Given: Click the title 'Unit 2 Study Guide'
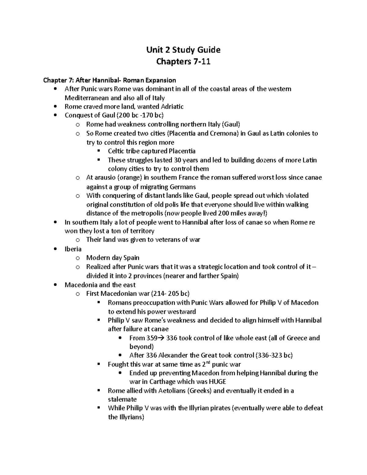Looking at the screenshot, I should point(183,50).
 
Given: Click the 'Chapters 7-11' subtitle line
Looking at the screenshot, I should point(183,62).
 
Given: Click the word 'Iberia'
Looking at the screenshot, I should point(73,249).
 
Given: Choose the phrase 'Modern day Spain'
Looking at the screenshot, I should point(113,258).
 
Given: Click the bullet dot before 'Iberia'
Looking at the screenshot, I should point(55,249).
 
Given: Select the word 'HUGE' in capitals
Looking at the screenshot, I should point(217,382).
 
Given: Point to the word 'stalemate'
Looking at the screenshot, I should point(122,399).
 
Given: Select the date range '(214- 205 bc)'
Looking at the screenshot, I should point(170,294).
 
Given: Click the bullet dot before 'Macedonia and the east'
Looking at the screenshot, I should point(55,285).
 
